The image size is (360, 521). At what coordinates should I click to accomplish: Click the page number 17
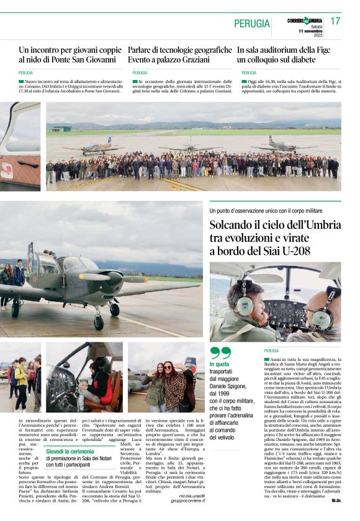point(335,21)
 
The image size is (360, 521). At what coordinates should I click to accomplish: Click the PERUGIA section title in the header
point(252,24)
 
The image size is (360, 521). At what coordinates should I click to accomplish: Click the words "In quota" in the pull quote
point(219,364)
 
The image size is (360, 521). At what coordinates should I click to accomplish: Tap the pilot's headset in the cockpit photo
point(245,305)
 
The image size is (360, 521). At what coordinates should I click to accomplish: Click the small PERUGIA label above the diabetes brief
point(249,73)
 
